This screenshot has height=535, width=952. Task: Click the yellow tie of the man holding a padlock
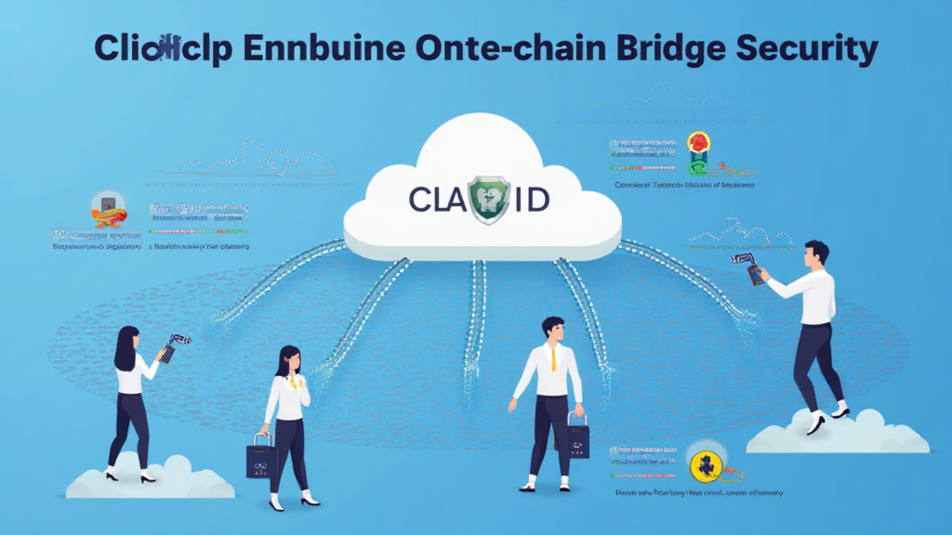coord(553,357)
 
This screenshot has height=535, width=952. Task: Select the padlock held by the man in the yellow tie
coord(577,437)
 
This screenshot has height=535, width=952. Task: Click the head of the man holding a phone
coord(815,254)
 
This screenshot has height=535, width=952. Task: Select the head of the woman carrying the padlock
coord(288,360)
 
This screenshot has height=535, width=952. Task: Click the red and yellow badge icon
coord(698,143)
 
